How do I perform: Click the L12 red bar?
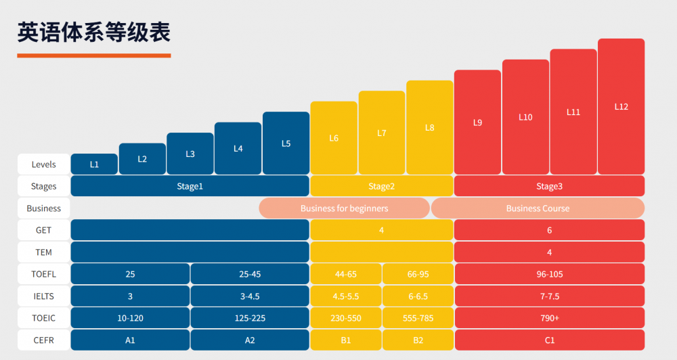point(621,106)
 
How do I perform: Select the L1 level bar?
point(94,164)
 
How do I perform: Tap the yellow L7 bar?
point(382,133)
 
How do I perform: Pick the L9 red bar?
point(477,122)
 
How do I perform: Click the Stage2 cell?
point(381,186)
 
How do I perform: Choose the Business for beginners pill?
point(344,208)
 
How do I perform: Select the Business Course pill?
point(538,208)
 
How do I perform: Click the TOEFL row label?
point(44,274)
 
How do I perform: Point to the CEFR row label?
point(44,340)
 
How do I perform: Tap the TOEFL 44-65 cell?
point(345,274)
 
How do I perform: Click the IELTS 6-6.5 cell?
point(417,296)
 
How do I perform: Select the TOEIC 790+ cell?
point(549,318)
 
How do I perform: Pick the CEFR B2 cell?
point(417,340)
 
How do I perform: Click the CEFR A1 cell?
point(130,340)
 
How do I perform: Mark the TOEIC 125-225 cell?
point(250,318)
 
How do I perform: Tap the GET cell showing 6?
point(549,230)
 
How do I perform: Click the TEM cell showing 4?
point(549,252)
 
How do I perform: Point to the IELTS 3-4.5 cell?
point(250,296)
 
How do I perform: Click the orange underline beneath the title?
point(94,55)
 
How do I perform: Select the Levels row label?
point(44,164)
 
